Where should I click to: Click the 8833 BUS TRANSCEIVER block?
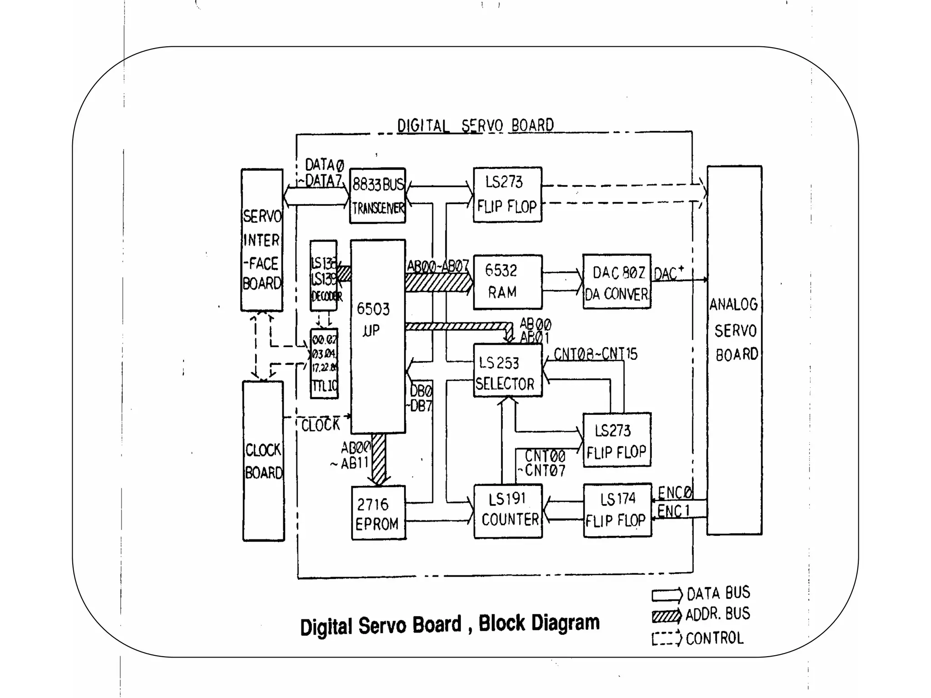pyautogui.click(x=377, y=195)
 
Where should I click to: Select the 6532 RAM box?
pyautogui.click(x=508, y=282)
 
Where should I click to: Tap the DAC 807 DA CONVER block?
pyautogui.click(x=617, y=282)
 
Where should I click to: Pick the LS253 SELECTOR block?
pyautogui.click(x=508, y=370)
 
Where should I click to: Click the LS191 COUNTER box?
pyautogui.click(x=508, y=511)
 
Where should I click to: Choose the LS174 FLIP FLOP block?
pyautogui.click(x=617, y=510)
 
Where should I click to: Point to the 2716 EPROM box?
pyautogui.click(x=379, y=513)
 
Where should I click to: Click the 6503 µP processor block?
pyautogui.click(x=378, y=336)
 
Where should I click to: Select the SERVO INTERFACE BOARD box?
pyautogui.click(x=262, y=240)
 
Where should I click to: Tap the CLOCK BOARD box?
pyautogui.click(x=263, y=461)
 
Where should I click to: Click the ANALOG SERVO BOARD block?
pyautogui.click(x=734, y=350)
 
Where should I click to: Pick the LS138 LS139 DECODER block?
pyautogui.click(x=324, y=276)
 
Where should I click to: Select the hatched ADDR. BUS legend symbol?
pyautogui.click(x=667, y=616)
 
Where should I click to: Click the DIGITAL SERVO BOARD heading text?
pyautogui.click(x=476, y=125)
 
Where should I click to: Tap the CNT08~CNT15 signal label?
pyautogui.click(x=596, y=354)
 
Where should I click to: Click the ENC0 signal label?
pyautogui.click(x=675, y=493)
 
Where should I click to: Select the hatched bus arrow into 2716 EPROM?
pyautogui.click(x=379, y=459)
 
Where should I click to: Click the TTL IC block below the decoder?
pyautogui.click(x=324, y=364)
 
